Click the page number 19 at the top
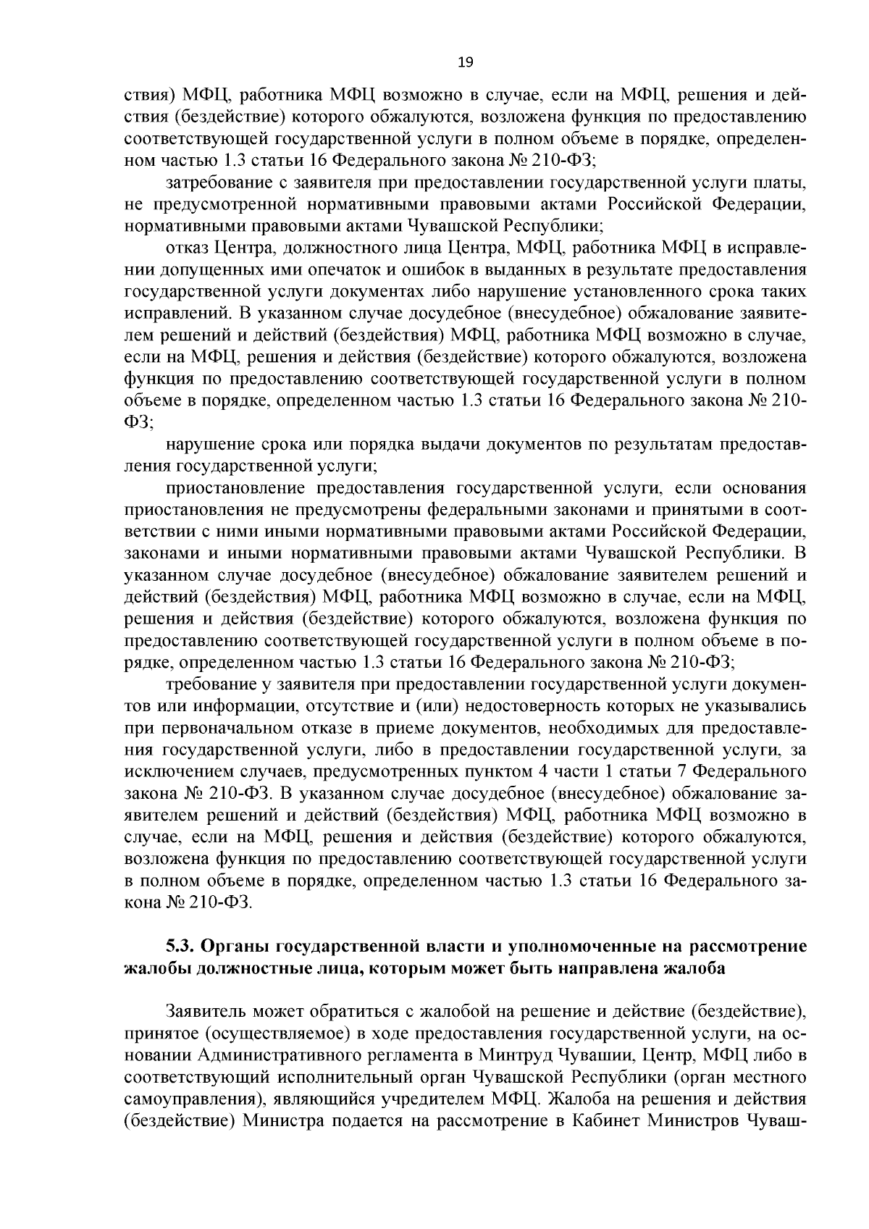pos(466,63)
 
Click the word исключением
pos(172,771)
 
